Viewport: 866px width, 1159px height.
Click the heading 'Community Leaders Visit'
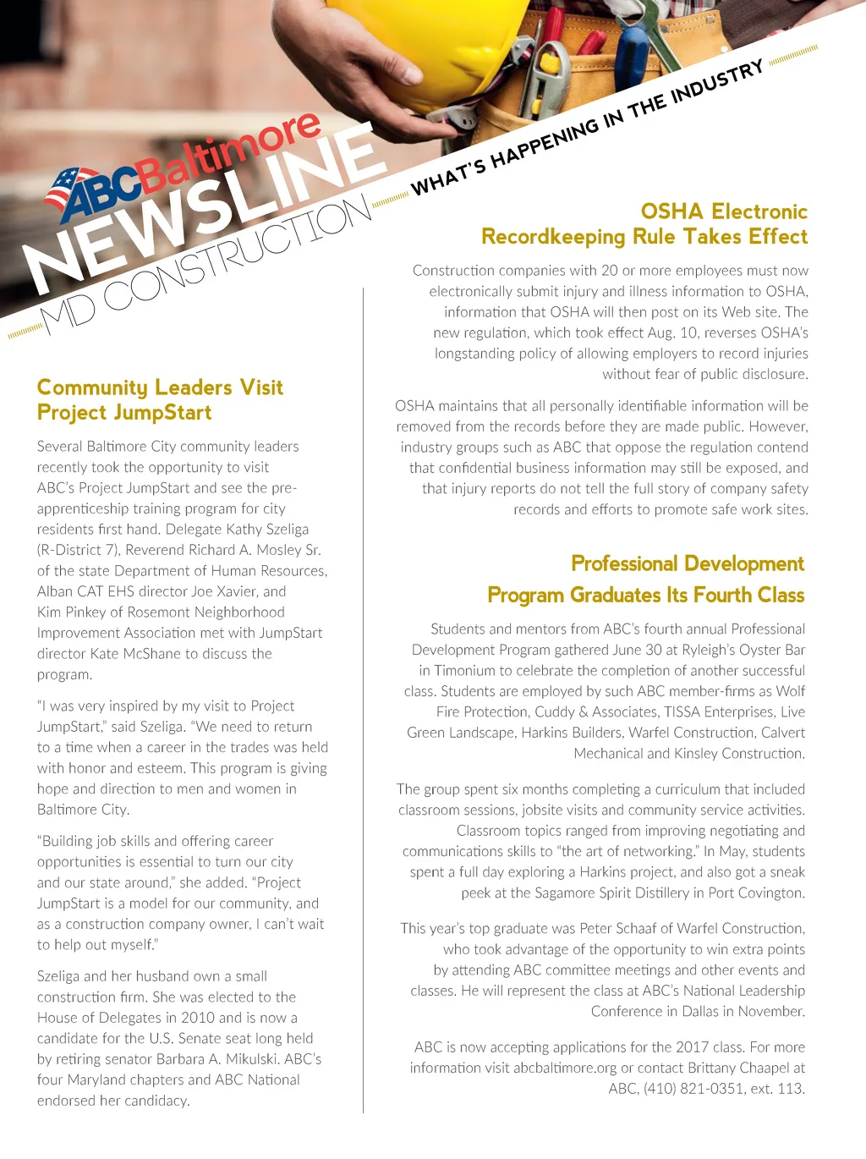160,387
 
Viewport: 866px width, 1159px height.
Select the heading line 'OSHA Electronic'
724,211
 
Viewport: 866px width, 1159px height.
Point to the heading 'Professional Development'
688,563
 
